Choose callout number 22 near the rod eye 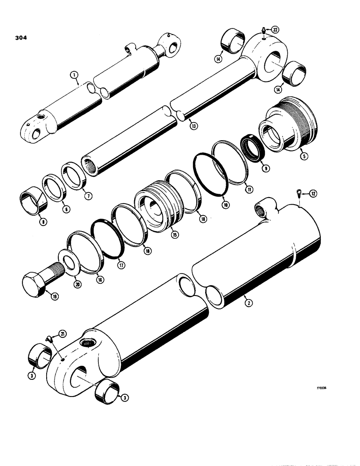276,30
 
